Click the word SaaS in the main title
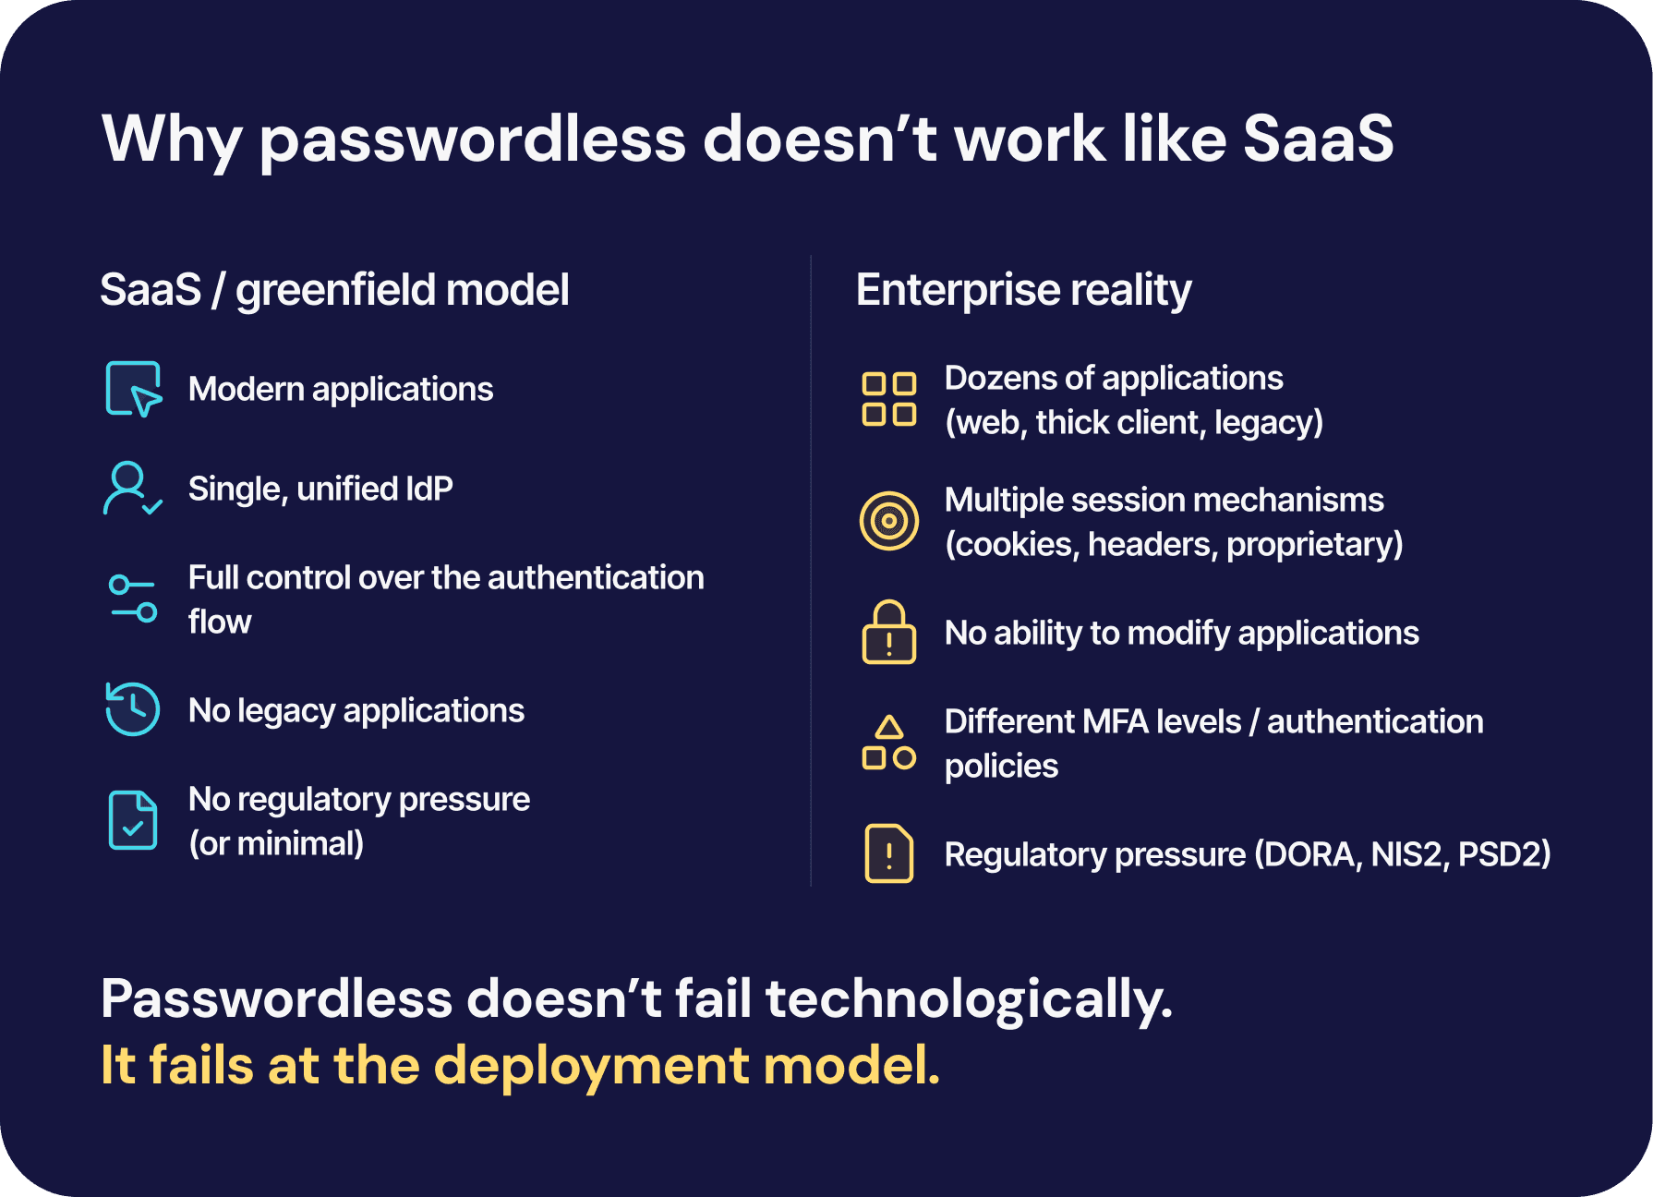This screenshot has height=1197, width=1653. [x=1317, y=139]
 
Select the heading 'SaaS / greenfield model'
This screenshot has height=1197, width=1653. [x=334, y=290]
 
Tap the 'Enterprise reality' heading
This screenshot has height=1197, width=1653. [x=1023, y=290]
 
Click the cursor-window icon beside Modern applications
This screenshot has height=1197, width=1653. [x=134, y=389]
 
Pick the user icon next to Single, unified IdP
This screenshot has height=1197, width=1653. [x=132, y=489]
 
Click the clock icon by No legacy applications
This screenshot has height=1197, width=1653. [x=133, y=709]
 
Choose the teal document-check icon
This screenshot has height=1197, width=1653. [x=133, y=820]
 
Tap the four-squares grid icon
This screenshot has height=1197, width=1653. [x=888, y=399]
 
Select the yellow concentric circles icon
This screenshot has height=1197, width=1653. [x=888, y=521]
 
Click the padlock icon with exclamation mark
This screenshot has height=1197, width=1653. [x=888, y=633]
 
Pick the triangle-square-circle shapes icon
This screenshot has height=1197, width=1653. [x=888, y=743]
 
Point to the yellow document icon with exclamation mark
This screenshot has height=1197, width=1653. [x=888, y=853]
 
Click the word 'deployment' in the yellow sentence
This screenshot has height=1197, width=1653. [x=592, y=1066]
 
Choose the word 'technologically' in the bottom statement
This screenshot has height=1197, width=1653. [x=969, y=999]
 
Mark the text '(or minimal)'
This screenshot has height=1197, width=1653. [x=276, y=843]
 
